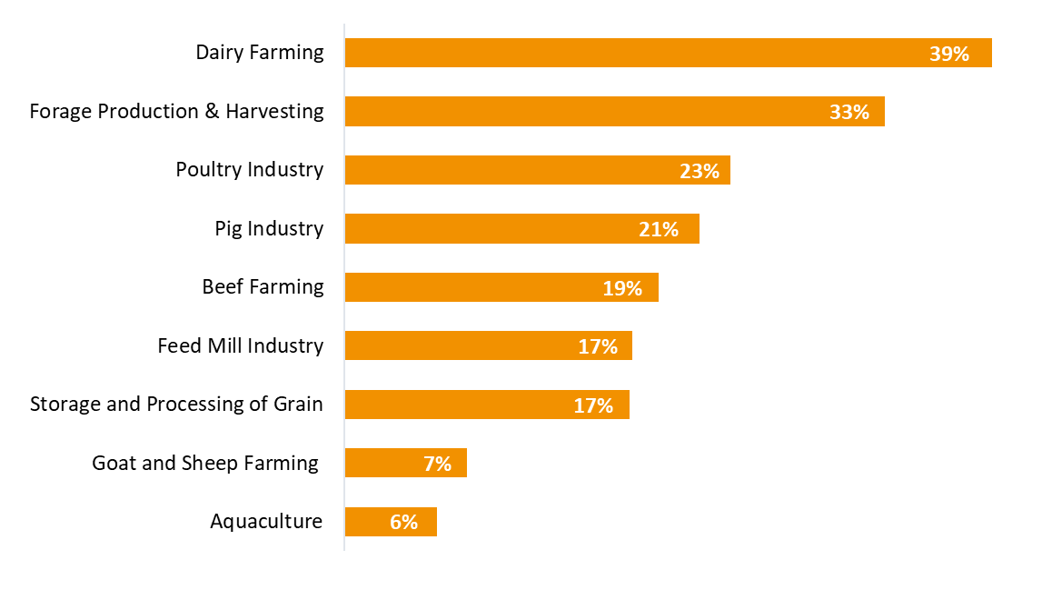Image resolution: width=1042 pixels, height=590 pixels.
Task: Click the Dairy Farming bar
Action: [x=636, y=53]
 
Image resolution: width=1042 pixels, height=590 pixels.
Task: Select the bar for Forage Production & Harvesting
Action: [x=581, y=112]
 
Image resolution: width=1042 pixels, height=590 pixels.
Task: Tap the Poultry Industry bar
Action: [x=509, y=170]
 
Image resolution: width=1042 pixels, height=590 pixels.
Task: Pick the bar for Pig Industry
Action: [x=491, y=229]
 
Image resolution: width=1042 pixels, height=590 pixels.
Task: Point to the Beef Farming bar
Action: [x=472, y=287]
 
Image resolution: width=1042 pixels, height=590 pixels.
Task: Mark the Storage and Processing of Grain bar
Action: [x=454, y=405]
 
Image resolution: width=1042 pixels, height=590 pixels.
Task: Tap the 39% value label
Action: [x=948, y=54]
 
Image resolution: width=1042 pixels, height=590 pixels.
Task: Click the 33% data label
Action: [x=848, y=113]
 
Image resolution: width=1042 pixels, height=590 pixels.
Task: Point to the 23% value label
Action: [x=699, y=171]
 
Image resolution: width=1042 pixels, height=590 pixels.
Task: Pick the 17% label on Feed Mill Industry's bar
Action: [x=598, y=346]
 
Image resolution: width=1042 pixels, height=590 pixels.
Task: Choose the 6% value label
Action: [x=403, y=523]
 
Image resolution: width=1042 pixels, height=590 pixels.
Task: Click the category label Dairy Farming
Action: [x=260, y=52]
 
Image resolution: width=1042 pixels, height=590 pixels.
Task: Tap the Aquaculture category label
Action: [x=266, y=521]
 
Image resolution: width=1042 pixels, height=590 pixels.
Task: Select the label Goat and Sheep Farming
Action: [x=205, y=463]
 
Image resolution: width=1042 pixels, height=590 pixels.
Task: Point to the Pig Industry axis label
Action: [x=269, y=228]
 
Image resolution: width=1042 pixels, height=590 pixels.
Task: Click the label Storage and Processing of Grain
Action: [x=176, y=404]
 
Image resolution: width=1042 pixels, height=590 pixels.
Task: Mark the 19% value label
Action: [x=622, y=288]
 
